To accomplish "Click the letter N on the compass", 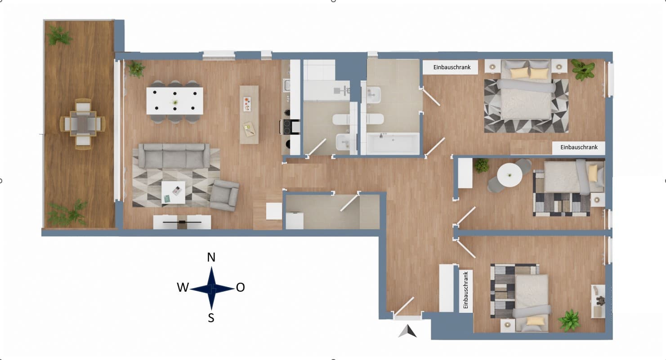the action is [x=211, y=257].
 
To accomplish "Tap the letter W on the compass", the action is [x=183, y=287].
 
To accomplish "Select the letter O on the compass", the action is [x=240, y=287].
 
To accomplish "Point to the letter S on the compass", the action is [x=211, y=318].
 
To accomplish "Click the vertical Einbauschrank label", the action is [x=465, y=290].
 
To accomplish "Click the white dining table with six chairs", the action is [x=175, y=101].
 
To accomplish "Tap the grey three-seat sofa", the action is [x=174, y=156].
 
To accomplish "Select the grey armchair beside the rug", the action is [x=224, y=196].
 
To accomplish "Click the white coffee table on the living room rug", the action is [x=173, y=192].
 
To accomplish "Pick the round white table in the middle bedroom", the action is [x=510, y=175].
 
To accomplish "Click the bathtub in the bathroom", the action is [x=393, y=144].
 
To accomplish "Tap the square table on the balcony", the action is [x=83, y=124].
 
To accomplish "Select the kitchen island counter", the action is [x=249, y=115].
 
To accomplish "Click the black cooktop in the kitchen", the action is [x=287, y=127].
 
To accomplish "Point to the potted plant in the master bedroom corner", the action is [x=583, y=70].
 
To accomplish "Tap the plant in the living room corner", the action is [x=136, y=69].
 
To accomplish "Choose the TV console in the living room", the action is [x=182, y=222].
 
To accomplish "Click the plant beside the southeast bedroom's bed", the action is [x=569, y=320].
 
